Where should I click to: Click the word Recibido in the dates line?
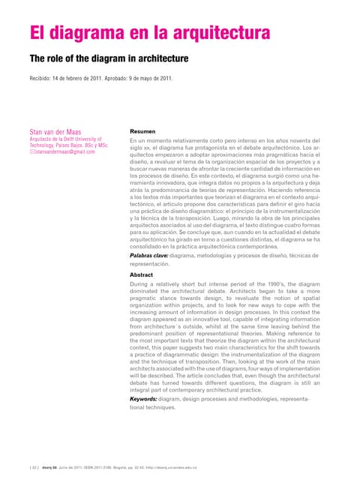coord(43,79)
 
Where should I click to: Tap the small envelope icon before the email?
coord(32,151)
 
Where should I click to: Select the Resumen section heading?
coord(144,130)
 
